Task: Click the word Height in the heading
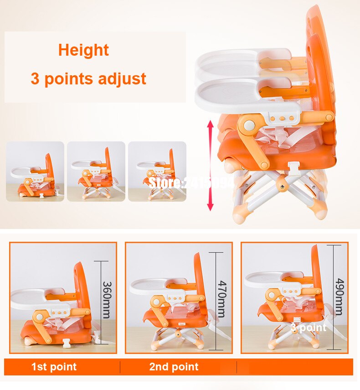83,50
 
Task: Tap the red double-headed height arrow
210,165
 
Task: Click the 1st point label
54,367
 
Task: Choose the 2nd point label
174,367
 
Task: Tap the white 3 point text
309,328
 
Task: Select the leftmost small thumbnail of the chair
35,172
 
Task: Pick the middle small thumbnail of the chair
96,172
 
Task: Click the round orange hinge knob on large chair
249,125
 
